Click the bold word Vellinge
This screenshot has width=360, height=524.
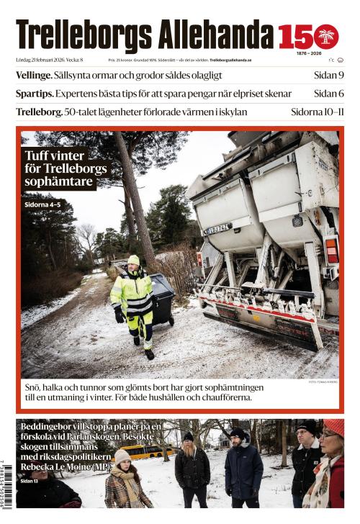(34, 75)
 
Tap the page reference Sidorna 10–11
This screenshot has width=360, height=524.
(317, 112)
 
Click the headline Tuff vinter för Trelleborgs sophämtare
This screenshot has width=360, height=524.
(66, 168)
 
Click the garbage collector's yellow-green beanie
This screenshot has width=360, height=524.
(133, 260)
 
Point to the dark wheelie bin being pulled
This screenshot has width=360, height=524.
(162, 299)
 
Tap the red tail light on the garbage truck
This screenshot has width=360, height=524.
(331, 250)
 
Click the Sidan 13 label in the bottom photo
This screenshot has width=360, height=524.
(29, 480)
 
